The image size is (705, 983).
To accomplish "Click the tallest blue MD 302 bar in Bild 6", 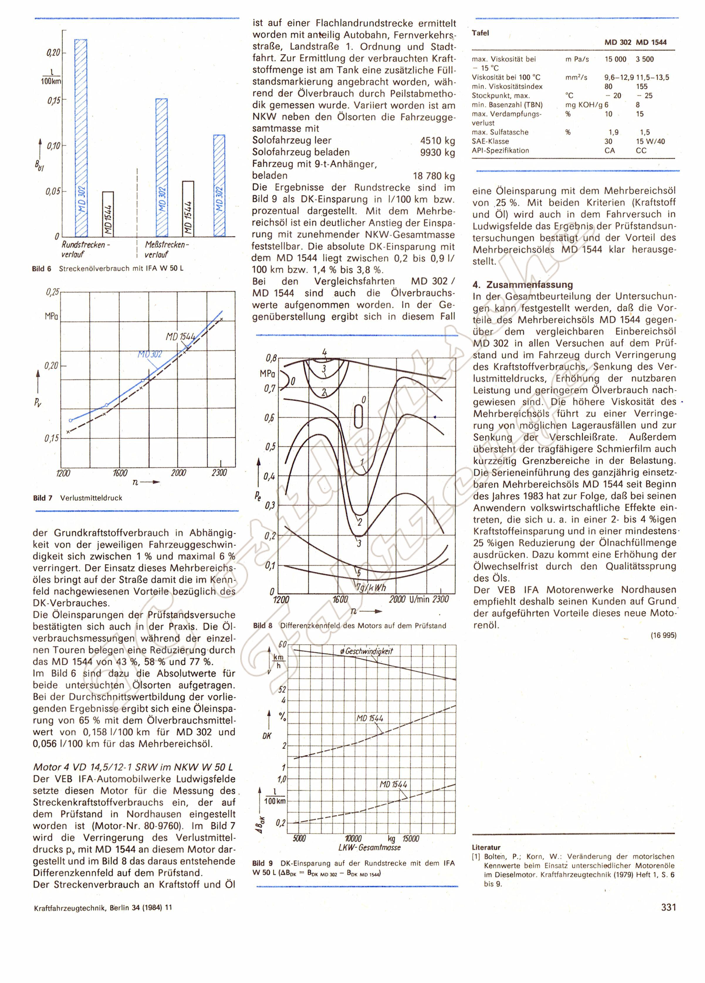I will point(81,138).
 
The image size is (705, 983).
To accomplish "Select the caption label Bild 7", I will point(43,498).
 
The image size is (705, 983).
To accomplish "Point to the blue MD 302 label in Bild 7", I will point(150,354).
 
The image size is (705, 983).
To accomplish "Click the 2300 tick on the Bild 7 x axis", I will point(219,473).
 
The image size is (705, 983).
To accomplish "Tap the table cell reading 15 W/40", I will point(650,141).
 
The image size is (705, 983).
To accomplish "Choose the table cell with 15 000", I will point(615,59).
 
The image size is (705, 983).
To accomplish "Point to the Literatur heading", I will point(486,847).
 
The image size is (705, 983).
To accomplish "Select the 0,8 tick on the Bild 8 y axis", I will point(271,358).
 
